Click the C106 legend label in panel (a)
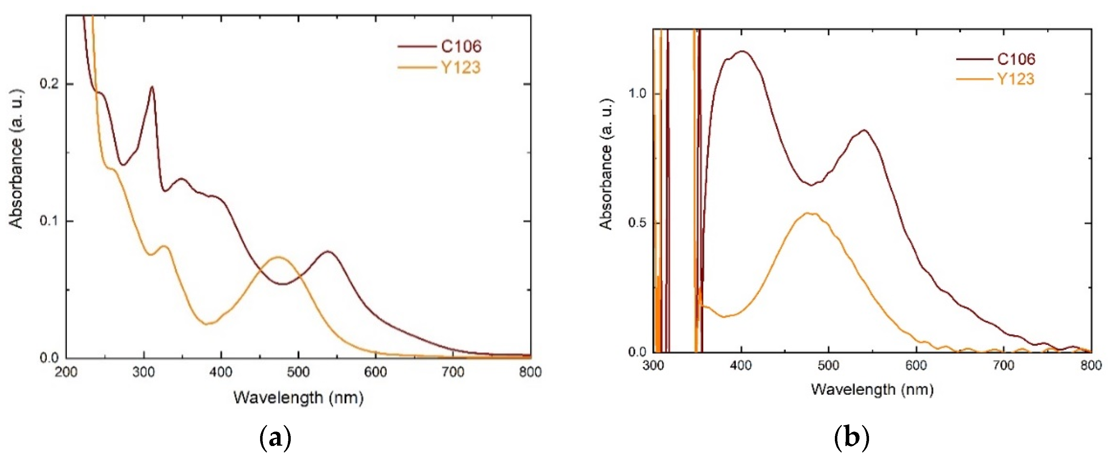point(461,46)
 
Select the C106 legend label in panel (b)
point(1016,59)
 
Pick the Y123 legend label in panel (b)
point(1015,79)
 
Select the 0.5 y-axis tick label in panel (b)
point(637,223)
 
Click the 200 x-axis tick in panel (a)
point(66,372)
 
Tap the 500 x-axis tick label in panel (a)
point(298,372)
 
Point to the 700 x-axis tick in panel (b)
point(1004,365)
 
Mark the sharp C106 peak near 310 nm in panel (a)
point(151,87)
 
